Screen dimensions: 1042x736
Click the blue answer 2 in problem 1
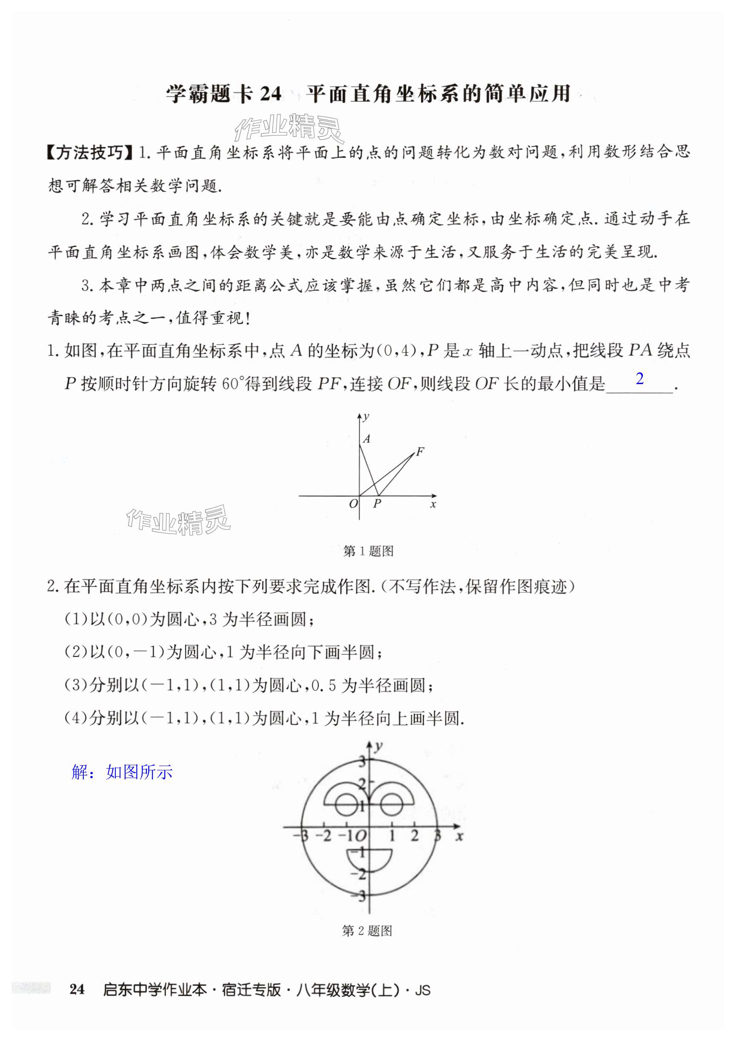[639, 379]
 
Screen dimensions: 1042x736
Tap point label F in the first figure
[420, 451]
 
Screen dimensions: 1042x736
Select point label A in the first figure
[366, 439]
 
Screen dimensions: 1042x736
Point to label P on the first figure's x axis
[377, 503]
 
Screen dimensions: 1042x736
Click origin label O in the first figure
[353, 503]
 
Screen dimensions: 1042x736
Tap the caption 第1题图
[368, 551]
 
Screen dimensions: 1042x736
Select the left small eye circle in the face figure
[346, 805]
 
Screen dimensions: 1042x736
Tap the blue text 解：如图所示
[122, 772]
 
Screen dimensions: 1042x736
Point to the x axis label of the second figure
[459, 835]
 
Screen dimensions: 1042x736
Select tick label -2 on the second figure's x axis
[323, 835]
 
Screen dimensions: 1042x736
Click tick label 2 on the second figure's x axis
[414, 835]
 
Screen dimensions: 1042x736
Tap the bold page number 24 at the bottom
[77, 989]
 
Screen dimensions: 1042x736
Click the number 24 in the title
[271, 94]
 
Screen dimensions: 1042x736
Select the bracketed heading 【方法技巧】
[89, 152]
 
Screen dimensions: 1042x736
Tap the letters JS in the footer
[422, 990]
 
